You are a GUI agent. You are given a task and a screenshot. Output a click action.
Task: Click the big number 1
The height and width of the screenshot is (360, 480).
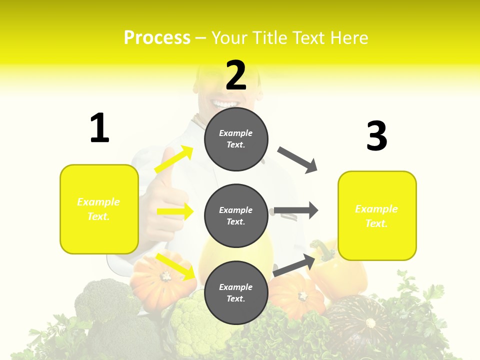[x=99, y=128]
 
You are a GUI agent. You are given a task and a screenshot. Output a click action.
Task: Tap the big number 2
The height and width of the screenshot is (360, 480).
[x=236, y=76]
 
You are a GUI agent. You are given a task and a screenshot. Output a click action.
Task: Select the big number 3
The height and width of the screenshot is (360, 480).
[x=376, y=136]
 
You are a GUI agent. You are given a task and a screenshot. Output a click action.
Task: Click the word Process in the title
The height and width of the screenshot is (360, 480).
[x=157, y=37]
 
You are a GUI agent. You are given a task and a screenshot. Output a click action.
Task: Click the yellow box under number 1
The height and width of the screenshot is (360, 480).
[x=99, y=209]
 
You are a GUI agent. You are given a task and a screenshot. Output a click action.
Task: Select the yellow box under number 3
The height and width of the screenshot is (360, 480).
[x=377, y=215]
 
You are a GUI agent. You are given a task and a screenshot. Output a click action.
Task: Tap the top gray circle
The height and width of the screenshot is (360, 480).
[x=236, y=139]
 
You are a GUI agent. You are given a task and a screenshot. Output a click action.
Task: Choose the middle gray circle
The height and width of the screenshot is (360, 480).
[x=236, y=215]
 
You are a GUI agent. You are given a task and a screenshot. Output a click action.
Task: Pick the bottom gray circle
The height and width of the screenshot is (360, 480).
[x=236, y=292]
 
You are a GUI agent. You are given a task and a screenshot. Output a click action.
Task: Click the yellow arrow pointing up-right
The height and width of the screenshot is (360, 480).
[x=174, y=159]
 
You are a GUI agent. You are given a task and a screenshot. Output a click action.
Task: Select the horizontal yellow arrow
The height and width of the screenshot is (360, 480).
[x=175, y=211]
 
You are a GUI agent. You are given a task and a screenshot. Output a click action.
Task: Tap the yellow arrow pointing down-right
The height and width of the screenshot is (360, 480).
[x=175, y=266]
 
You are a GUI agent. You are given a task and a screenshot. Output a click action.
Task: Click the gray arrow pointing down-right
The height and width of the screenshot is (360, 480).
[x=298, y=160]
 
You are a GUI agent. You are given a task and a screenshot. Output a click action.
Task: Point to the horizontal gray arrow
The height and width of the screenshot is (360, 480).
[x=296, y=210]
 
